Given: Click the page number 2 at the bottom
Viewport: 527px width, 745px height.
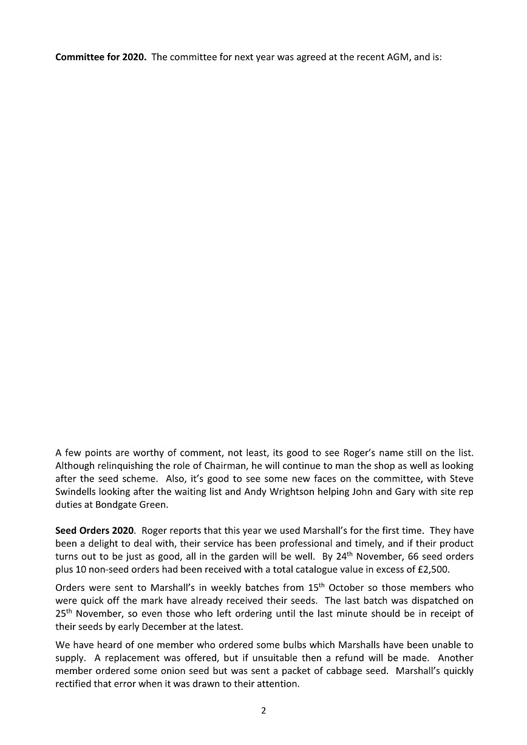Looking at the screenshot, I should [263, 711].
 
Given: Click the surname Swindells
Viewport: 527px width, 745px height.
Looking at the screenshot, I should [78, 491].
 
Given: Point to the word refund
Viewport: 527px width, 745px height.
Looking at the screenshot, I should [350, 658].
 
